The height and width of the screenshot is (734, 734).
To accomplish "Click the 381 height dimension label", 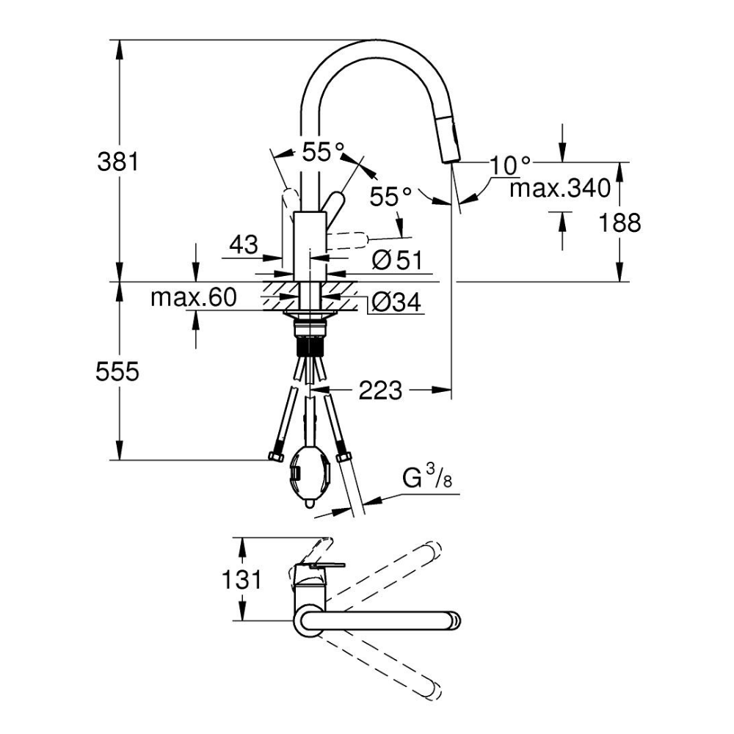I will point(117,161).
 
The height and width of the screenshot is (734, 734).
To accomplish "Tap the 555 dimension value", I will point(117,372).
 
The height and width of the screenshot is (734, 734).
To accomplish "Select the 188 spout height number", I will point(621,222).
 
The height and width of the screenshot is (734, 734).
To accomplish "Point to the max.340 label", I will point(560,189).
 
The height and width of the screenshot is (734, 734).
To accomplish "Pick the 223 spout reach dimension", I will point(381,391).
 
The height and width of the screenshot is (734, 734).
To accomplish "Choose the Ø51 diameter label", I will point(396,260).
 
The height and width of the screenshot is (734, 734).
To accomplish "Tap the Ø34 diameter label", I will point(396,301).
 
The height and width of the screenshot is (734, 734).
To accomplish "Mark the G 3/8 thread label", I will point(426,479).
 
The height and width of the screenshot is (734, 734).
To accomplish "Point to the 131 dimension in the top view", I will point(241,580).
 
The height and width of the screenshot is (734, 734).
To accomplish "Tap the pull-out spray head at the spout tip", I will point(448,143).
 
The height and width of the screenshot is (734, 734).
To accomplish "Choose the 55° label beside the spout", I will point(390,197).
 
